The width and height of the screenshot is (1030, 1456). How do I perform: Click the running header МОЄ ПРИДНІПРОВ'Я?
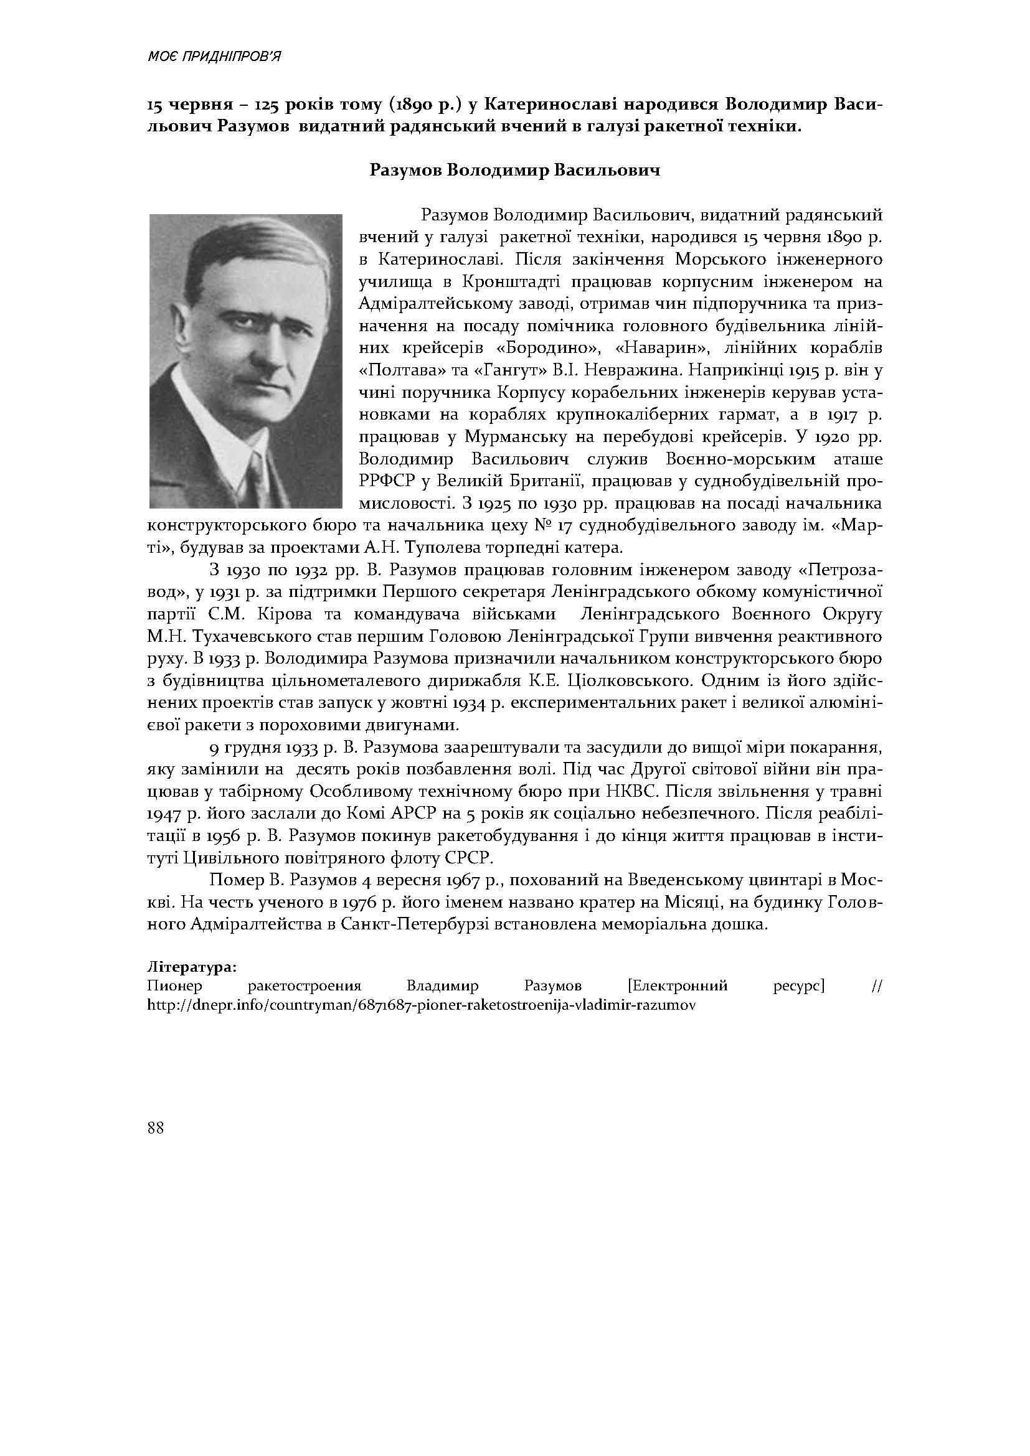(214, 57)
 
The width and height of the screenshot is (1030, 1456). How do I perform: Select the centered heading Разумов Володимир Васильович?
(514, 171)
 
